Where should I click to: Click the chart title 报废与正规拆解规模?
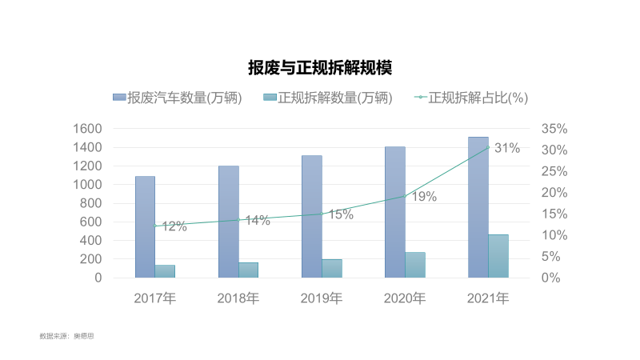tap(320, 67)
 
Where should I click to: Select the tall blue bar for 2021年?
tap(478, 207)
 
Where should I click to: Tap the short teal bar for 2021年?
tap(498, 256)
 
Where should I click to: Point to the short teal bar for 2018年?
tap(248, 270)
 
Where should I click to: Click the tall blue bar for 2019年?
tap(311, 216)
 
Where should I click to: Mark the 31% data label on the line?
tap(507, 148)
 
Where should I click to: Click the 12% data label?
tap(174, 226)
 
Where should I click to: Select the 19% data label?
tap(424, 197)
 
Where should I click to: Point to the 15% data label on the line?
tap(341, 214)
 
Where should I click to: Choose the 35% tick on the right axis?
tap(554, 129)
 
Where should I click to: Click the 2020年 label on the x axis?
tap(405, 298)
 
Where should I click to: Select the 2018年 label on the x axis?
tap(238, 298)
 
